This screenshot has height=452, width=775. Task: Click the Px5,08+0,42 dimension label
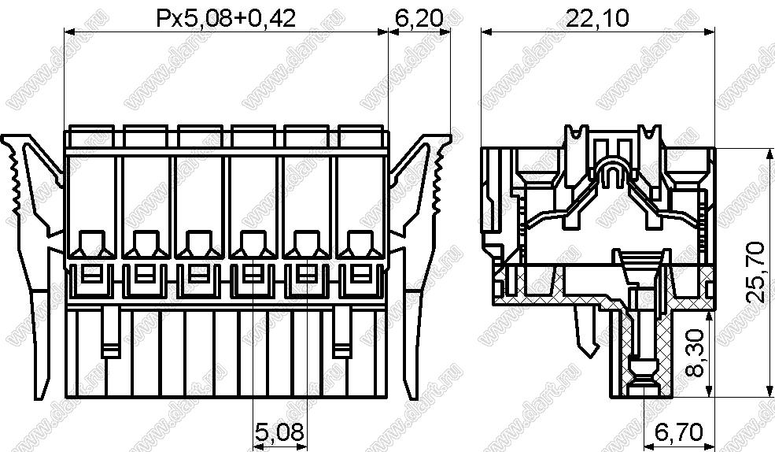coord(226,18)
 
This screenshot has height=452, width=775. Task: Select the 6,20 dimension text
coord(419,18)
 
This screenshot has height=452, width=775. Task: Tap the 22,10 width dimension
coord(597,18)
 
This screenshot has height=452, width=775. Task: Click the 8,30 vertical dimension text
coord(696,353)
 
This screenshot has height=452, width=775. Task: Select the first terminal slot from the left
coord(91,207)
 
